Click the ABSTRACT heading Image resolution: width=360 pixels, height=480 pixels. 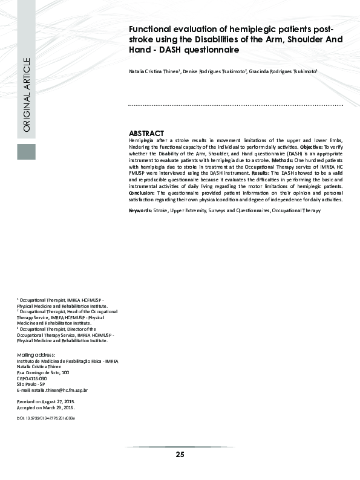click(x=146, y=133)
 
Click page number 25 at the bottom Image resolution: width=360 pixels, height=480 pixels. click(x=180, y=455)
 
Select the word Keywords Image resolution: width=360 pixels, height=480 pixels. click(x=140, y=210)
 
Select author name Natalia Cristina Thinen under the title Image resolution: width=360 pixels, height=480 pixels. click(x=154, y=71)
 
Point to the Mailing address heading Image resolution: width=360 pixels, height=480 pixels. click(x=36, y=354)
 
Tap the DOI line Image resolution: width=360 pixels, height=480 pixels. click(x=46, y=418)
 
